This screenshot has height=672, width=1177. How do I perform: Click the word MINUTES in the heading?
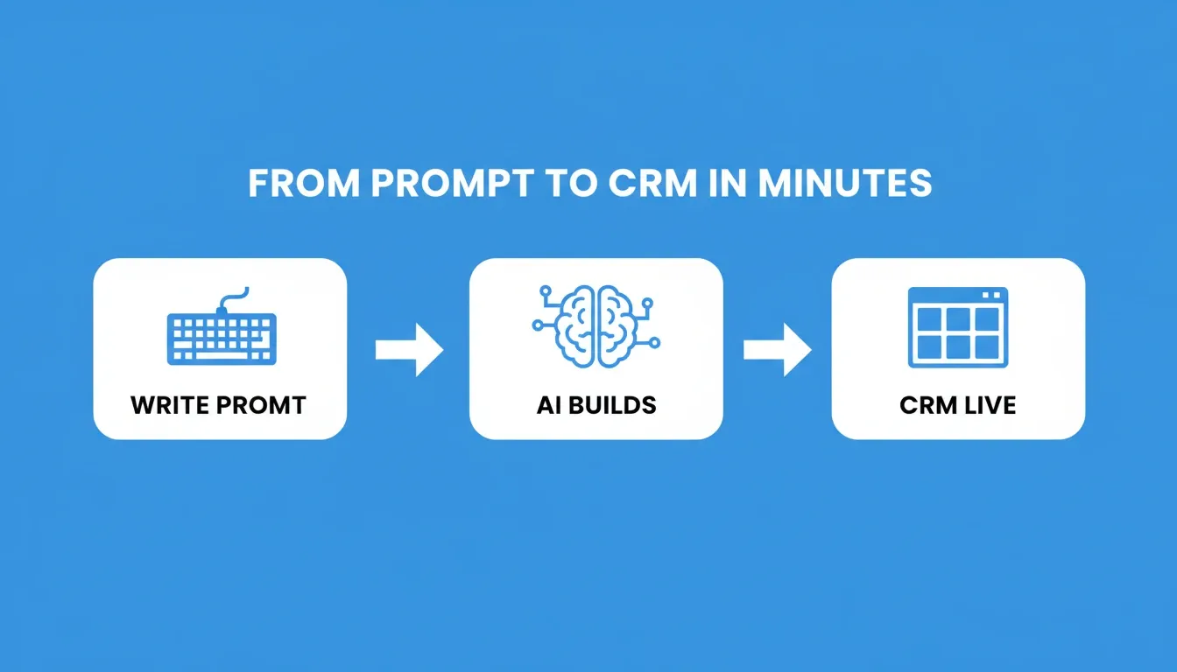tap(845, 183)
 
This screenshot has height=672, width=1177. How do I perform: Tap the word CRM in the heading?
tap(653, 183)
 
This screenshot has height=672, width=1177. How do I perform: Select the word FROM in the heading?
tap(304, 183)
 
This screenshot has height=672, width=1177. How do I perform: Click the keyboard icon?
tap(222, 326)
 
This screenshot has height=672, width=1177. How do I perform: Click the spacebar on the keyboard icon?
tap(222, 355)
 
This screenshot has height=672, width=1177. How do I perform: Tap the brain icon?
tap(596, 326)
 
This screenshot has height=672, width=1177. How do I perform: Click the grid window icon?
tap(958, 327)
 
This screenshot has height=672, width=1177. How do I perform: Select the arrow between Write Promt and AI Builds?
tap(409, 350)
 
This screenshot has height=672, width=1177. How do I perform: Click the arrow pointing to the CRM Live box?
tap(777, 350)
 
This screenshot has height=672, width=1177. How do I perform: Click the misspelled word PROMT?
tap(261, 405)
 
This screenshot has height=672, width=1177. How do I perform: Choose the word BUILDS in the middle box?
tap(613, 405)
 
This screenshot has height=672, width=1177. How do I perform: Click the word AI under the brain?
tap(549, 405)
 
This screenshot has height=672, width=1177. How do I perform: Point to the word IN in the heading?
tap(728, 183)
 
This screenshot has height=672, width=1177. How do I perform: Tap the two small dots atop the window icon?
tap(991, 295)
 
